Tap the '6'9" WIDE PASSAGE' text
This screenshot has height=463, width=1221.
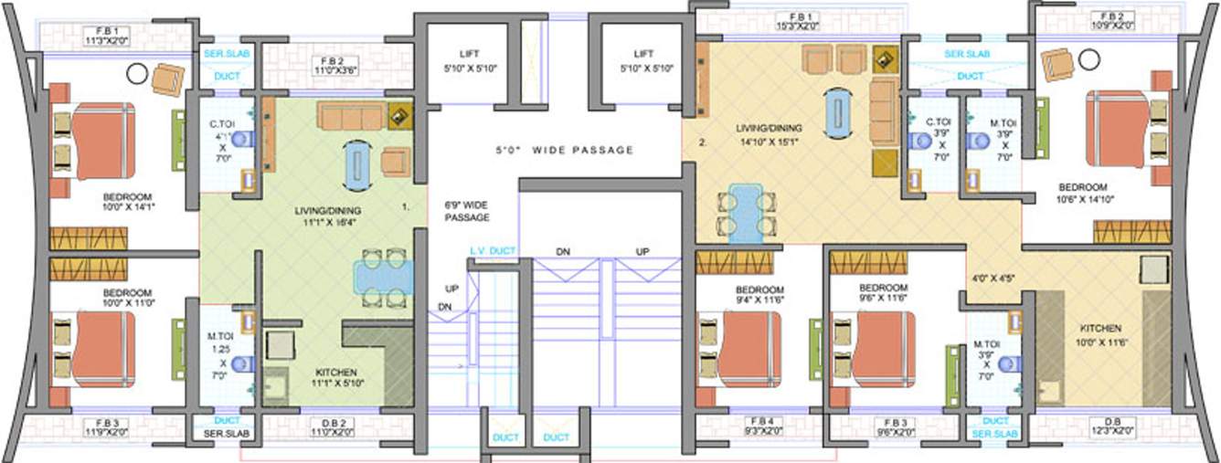pos(467,212)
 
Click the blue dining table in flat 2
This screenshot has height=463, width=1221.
pos(747,211)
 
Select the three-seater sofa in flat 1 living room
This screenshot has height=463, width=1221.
pos(350,116)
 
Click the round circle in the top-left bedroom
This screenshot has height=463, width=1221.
pos(137,73)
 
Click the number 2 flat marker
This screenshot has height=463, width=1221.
pos(703,142)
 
